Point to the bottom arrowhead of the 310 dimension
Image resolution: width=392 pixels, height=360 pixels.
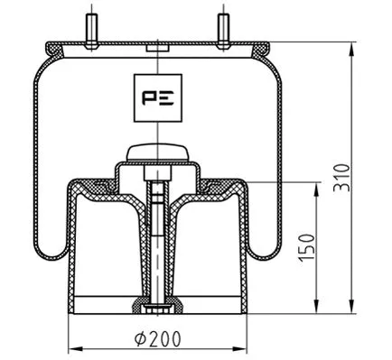tap(350, 306)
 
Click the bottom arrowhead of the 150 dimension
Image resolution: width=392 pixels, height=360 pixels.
tap(317, 306)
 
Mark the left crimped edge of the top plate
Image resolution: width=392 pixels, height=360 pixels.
tap(48, 48)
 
